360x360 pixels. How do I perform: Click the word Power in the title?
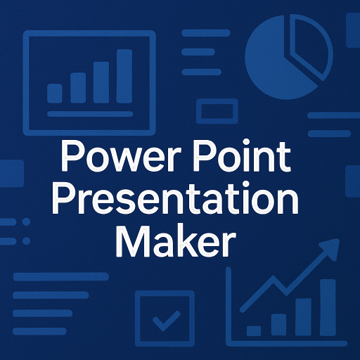click(121, 155)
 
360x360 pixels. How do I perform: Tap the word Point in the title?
click(242, 155)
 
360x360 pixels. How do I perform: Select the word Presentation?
click(175, 199)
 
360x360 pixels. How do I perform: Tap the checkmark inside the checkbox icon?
click(167, 321)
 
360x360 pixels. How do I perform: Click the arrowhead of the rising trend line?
click(330, 248)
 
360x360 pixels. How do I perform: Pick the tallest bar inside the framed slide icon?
click(124, 76)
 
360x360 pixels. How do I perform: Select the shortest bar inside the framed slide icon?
click(55, 94)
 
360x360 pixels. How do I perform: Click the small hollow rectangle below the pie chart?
click(217, 111)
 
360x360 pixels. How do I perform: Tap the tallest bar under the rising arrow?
click(328, 307)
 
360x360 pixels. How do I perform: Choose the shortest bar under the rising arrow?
click(254, 330)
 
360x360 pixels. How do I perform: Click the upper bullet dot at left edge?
click(26, 221)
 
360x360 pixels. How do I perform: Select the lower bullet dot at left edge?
click(26, 240)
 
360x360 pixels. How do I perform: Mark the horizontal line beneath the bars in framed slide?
click(90, 114)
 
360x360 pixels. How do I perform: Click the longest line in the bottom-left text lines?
click(61, 276)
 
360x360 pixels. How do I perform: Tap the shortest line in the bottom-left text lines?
click(39, 331)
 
